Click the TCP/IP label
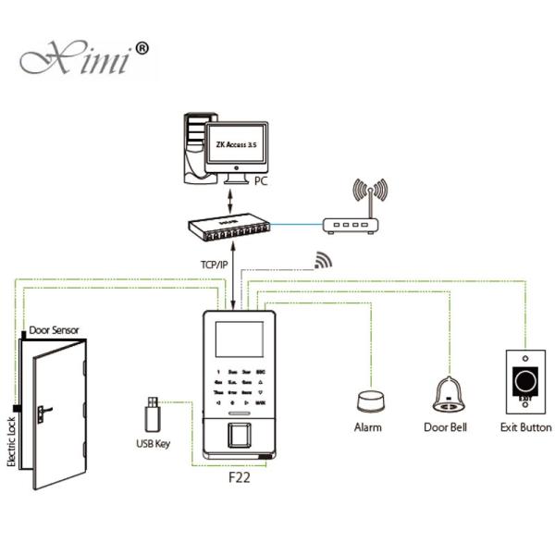coord(214,264)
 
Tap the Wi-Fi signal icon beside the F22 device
coord(322,260)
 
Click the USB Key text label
coord(154,444)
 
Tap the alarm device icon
coord(368,401)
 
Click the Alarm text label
coord(368,427)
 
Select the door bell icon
coord(447,396)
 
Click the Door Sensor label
coord(54,329)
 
